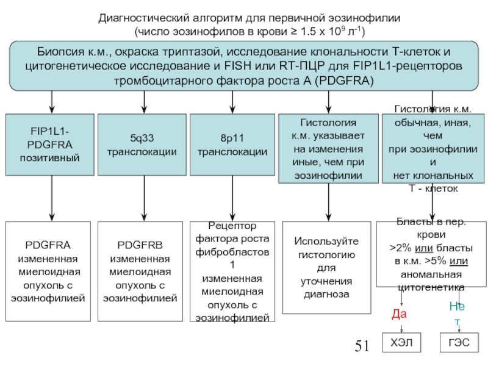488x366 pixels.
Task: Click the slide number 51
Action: click(362, 347)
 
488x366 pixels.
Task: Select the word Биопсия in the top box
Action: click(56, 51)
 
